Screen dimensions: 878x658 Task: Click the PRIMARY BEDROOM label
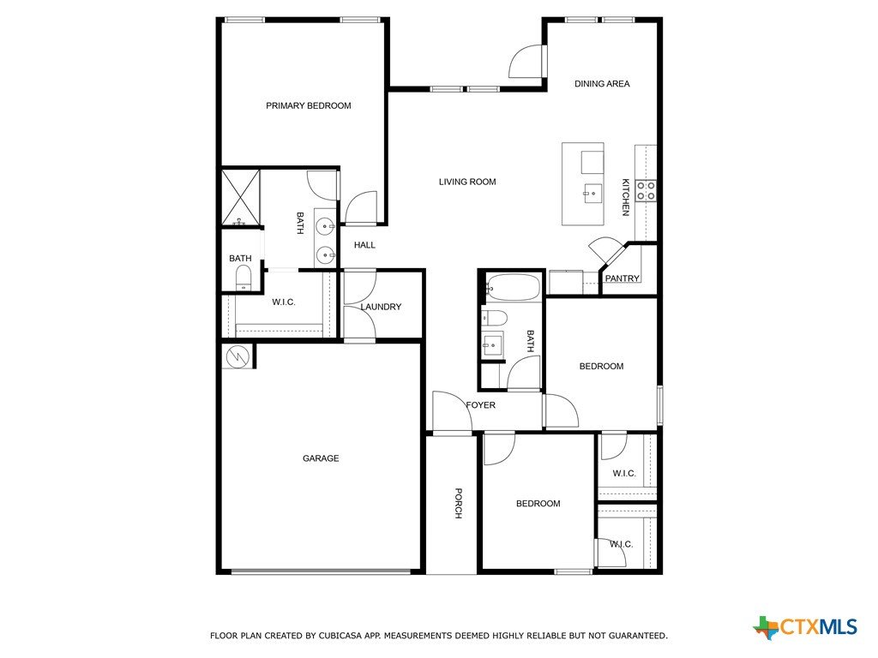pyautogui.click(x=308, y=105)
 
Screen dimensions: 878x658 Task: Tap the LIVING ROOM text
pyautogui.click(x=467, y=182)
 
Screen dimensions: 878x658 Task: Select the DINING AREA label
pyautogui.click(x=602, y=84)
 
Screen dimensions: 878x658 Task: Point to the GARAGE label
pyautogui.click(x=321, y=458)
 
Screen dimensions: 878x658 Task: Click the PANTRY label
pyautogui.click(x=622, y=278)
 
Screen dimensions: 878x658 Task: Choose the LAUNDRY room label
pyautogui.click(x=381, y=307)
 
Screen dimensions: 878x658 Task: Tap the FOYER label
pyautogui.click(x=480, y=405)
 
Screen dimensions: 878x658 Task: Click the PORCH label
pyautogui.click(x=458, y=504)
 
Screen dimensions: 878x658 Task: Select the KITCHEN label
pyautogui.click(x=625, y=197)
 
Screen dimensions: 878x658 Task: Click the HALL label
pyautogui.click(x=364, y=245)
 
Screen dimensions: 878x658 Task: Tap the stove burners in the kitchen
pyautogui.click(x=646, y=190)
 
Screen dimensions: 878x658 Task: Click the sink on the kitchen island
pyautogui.click(x=592, y=194)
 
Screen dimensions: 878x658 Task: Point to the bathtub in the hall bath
pyautogui.click(x=513, y=288)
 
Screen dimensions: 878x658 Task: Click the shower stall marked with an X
pyautogui.click(x=241, y=198)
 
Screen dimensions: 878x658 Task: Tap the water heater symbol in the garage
pyautogui.click(x=238, y=356)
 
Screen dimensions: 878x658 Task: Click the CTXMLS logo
pyautogui.click(x=805, y=627)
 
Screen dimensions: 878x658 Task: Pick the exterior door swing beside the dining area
pyautogui.click(x=526, y=62)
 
